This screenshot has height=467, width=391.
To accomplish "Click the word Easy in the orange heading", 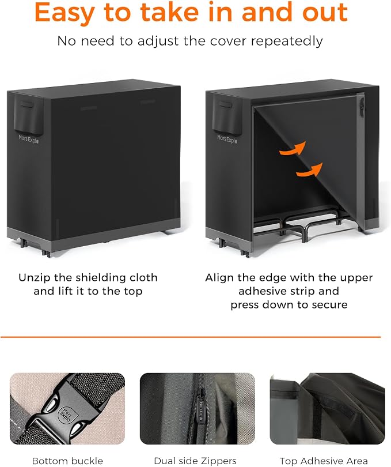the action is click(x=64, y=13).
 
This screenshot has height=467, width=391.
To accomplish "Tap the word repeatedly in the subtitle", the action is click(x=287, y=42).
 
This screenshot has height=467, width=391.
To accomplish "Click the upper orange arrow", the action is click(x=293, y=148).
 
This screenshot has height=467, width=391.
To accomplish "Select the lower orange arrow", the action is click(x=309, y=170).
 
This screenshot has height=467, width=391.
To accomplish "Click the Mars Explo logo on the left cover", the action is click(x=29, y=139).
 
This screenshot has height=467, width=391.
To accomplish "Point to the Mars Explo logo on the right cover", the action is click(x=227, y=139).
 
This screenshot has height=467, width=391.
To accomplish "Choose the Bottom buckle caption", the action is click(x=67, y=461).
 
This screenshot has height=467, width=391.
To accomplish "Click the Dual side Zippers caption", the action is click(x=195, y=461).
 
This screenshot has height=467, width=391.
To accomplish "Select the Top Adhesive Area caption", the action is click(x=324, y=461).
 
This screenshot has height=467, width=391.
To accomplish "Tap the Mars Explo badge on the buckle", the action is click(x=66, y=414).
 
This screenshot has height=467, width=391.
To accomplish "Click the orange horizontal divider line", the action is click(x=191, y=337).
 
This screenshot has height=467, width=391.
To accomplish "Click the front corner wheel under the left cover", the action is click(x=46, y=254).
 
